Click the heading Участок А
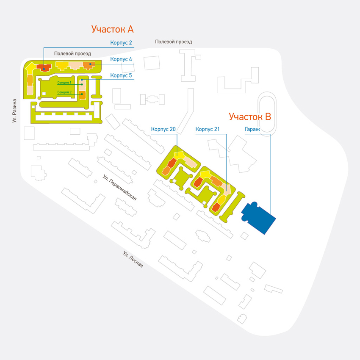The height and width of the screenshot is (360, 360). pyautogui.click(x=113, y=29)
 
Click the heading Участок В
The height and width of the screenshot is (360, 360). pyautogui.click(x=250, y=116)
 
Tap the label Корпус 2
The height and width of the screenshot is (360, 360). pyautogui.click(x=121, y=43)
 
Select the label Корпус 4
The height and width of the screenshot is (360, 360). pyautogui.click(x=121, y=59)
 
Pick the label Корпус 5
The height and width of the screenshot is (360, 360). pyautogui.click(x=121, y=75)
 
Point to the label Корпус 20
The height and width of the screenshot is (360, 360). pyautogui.click(x=163, y=129)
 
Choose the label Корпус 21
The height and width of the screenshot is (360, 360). pyautogui.click(x=208, y=129)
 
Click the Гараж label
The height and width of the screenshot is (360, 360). pyautogui.click(x=252, y=130)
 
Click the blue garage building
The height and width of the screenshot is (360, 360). pyautogui.click(x=258, y=218)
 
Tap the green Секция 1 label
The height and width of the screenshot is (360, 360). pyautogui.click(x=64, y=83)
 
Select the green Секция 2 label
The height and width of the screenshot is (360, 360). pyautogui.click(x=64, y=92)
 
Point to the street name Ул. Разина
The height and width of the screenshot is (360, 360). pyautogui.click(x=14, y=111)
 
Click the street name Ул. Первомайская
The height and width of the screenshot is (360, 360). pyautogui.click(x=119, y=187)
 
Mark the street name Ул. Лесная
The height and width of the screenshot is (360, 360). pyautogui.click(x=133, y=259)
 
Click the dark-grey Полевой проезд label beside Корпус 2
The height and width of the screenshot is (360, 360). pyautogui.click(x=72, y=53)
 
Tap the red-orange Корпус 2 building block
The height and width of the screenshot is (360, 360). pyautogui.click(x=44, y=68)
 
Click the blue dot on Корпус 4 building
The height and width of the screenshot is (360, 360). pyautogui.click(x=91, y=64)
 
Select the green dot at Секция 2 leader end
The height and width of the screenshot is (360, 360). pyautogui.click(x=82, y=94)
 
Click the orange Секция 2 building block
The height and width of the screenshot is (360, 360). pyautogui.click(x=83, y=95)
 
